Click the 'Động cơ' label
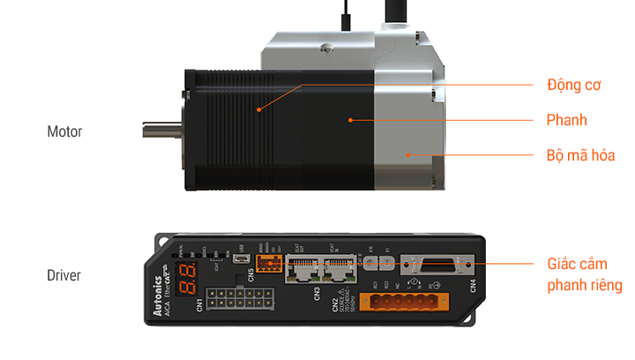pos(573,86)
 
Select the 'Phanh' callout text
pos(566,120)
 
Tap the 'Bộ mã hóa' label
pos(580,155)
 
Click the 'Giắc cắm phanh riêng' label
pos(584,274)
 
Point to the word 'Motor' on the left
pos(64,131)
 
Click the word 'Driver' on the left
pos(63,275)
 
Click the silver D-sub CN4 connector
pos(437,266)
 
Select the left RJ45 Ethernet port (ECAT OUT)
pos(303,271)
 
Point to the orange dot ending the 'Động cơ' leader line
pos(258,109)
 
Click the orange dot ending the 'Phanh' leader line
pos(350,119)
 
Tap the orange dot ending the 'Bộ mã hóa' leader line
pos(407,154)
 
